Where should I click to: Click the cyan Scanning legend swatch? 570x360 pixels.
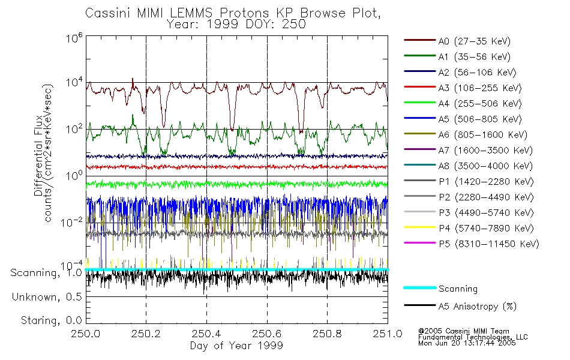coord(418,289)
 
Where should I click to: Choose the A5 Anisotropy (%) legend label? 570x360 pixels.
coord(477,307)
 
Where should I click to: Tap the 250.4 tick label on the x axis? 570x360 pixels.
coord(206,334)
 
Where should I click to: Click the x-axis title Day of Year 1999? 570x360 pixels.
coord(236,346)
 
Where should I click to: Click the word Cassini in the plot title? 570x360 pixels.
coord(106,13)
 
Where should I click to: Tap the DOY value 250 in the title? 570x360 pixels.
coord(295,25)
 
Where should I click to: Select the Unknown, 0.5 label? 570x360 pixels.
coord(47,297)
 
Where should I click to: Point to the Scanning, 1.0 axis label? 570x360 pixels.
coord(46,274)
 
